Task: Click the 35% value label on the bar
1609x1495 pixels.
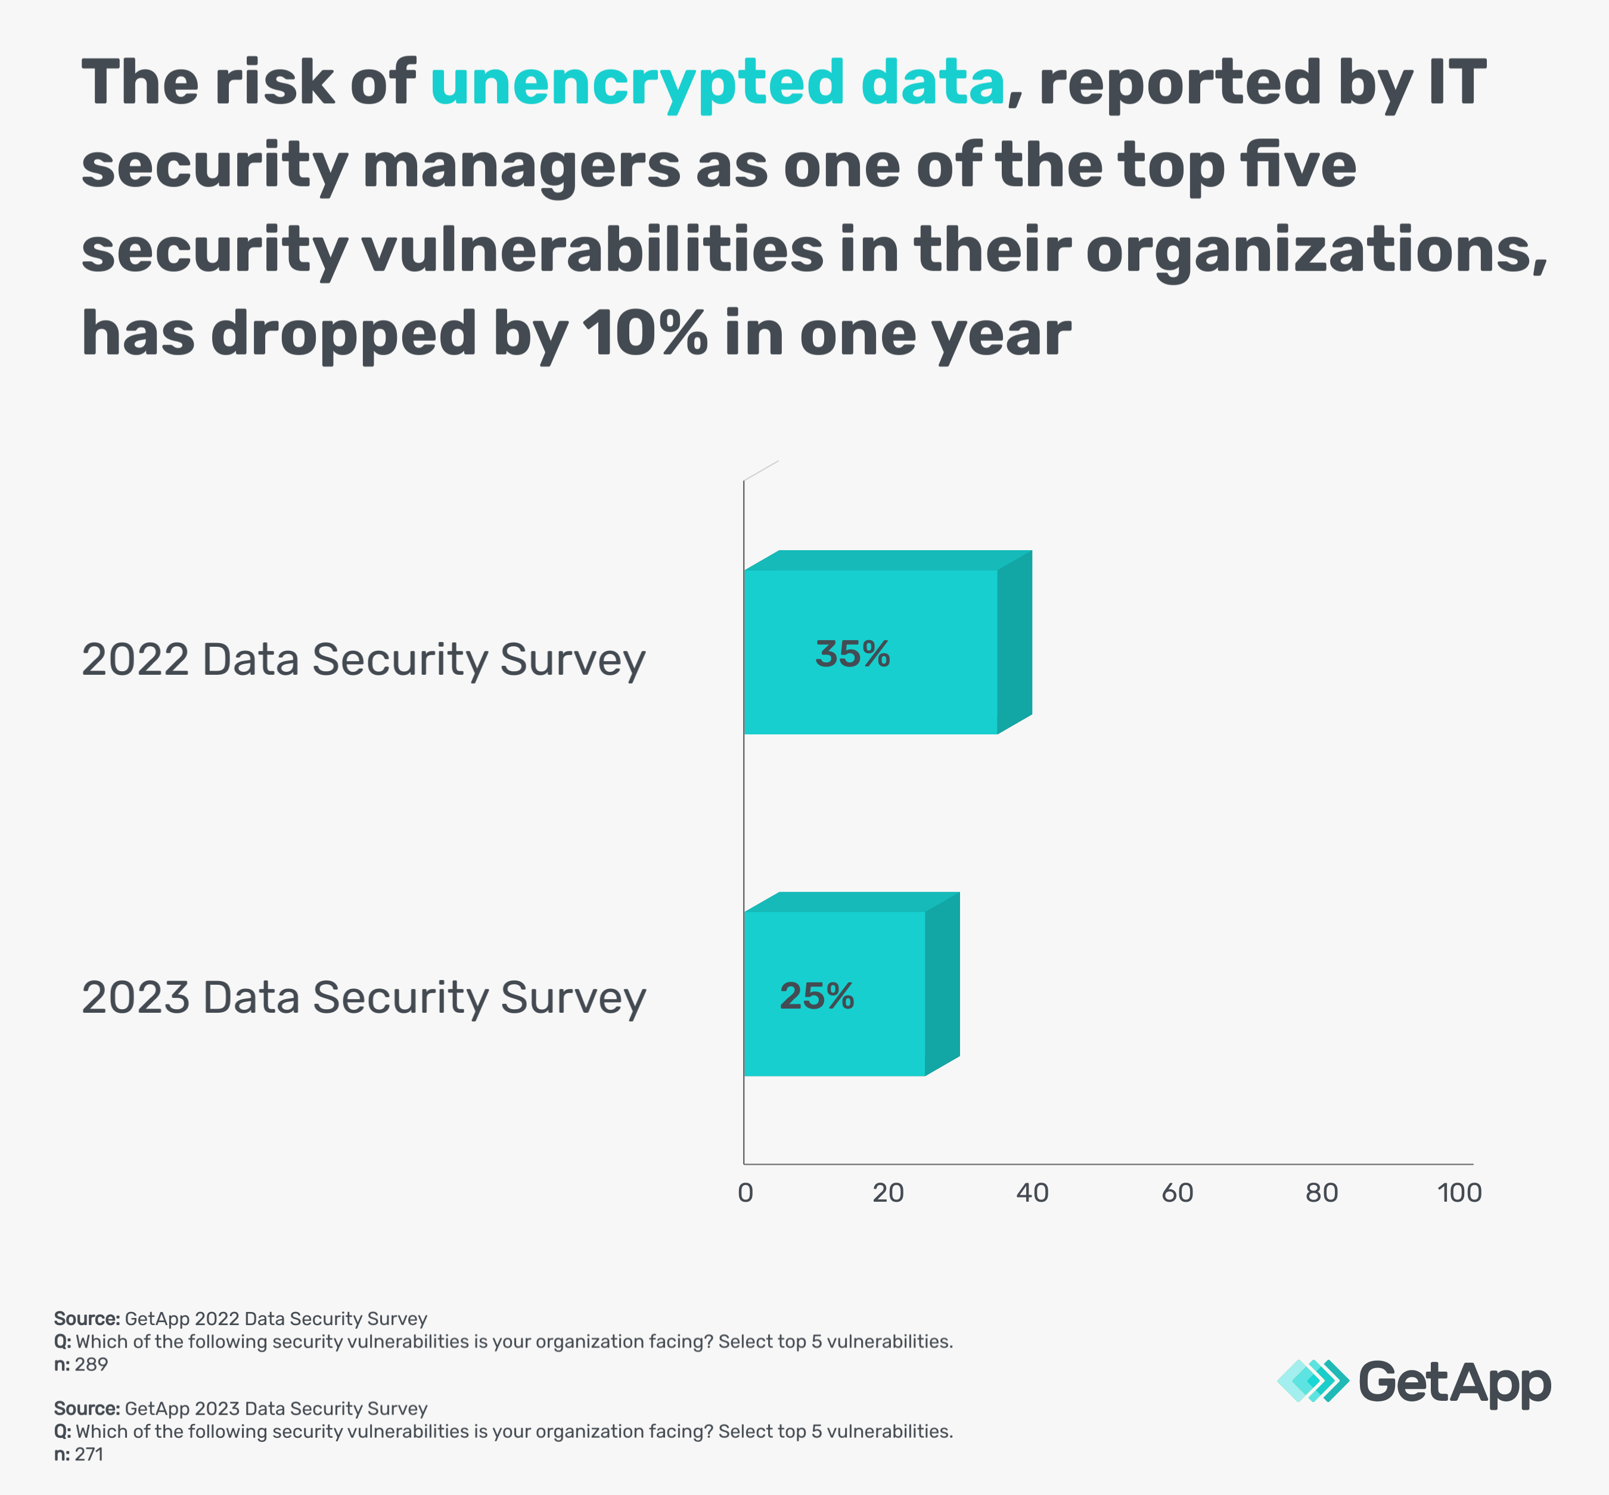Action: coord(852,655)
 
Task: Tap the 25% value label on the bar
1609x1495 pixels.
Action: coord(816,997)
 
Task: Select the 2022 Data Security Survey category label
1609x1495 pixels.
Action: coord(363,660)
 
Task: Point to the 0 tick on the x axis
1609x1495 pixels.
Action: coord(746,1192)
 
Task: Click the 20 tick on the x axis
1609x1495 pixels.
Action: coord(888,1192)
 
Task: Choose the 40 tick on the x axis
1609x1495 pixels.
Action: coord(1033,1192)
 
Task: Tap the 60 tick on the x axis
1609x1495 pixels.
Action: coord(1177,1192)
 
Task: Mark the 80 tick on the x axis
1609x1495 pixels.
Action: coord(1322,1192)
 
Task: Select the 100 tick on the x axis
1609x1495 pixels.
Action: coord(1459,1192)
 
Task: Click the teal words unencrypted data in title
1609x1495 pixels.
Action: coord(717,84)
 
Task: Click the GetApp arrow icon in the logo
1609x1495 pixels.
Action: coord(1312,1381)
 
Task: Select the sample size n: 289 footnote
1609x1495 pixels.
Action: coord(81,1365)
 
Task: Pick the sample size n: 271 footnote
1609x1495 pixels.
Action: coord(79,1454)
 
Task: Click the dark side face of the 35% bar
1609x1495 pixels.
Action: coord(1015,643)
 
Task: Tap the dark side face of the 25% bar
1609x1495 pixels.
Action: coord(942,984)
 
